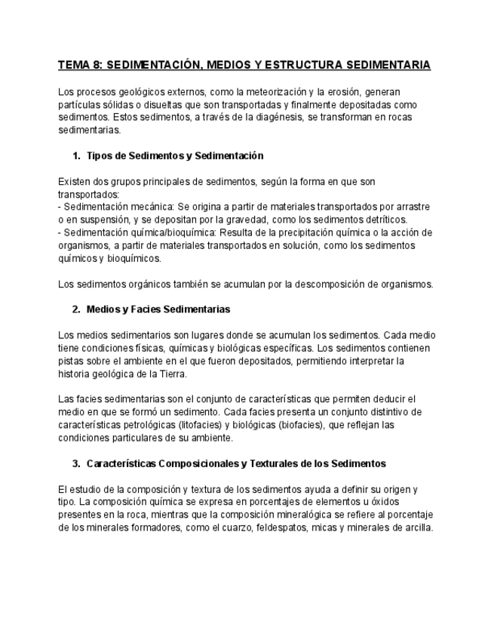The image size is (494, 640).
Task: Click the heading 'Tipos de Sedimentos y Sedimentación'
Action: [x=175, y=155]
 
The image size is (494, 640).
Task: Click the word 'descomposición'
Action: [x=332, y=284]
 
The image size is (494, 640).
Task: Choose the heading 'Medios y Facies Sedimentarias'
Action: [x=158, y=309]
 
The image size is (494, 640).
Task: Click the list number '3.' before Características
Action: [x=76, y=463]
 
